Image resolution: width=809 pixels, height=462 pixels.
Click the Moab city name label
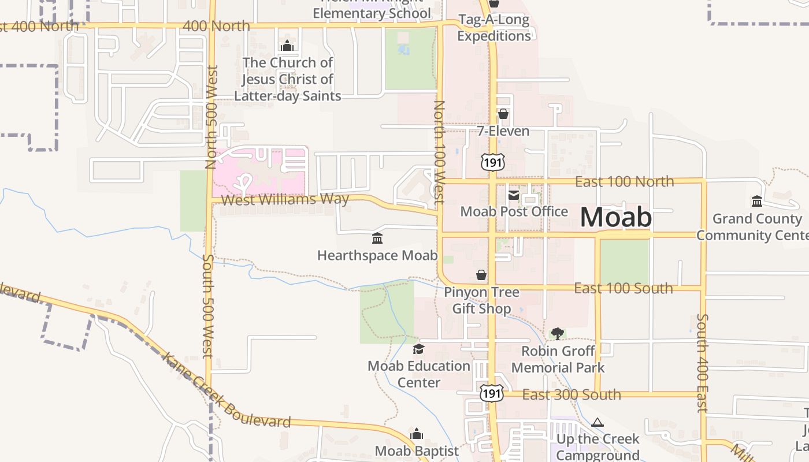tap(616, 217)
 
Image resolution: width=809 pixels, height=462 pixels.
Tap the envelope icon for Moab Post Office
tap(513, 195)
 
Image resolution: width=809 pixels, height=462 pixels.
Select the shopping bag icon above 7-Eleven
tap(503, 114)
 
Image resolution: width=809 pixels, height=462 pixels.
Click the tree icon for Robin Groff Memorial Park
tap(557, 333)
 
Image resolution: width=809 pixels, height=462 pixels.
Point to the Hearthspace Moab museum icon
tap(377, 238)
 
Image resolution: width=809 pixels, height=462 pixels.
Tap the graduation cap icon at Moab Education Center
tap(418, 349)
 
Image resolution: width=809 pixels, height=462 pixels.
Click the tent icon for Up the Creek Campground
tap(598, 423)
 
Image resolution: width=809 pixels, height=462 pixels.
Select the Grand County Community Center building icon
tap(756, 201)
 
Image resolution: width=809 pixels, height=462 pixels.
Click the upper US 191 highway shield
tap(492, 162)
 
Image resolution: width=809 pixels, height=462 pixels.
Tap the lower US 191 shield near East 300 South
tap(491, 393)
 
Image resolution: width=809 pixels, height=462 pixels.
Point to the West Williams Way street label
tap(285, 200)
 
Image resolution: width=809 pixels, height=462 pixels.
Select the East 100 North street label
tap(624, 181)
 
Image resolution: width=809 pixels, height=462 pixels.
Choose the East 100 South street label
tap(623, 288)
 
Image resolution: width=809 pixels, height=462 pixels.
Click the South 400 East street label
tap(702, 363)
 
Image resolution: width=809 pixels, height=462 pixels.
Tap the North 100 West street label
tap(439, 152)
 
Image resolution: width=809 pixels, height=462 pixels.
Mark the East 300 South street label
tap(571, 395)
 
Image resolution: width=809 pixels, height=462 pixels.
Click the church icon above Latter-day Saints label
tap(287, 46)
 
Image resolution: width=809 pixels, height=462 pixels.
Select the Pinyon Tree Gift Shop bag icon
tap(481, 275)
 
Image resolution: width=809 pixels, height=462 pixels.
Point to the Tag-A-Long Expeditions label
tap(493, 28)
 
